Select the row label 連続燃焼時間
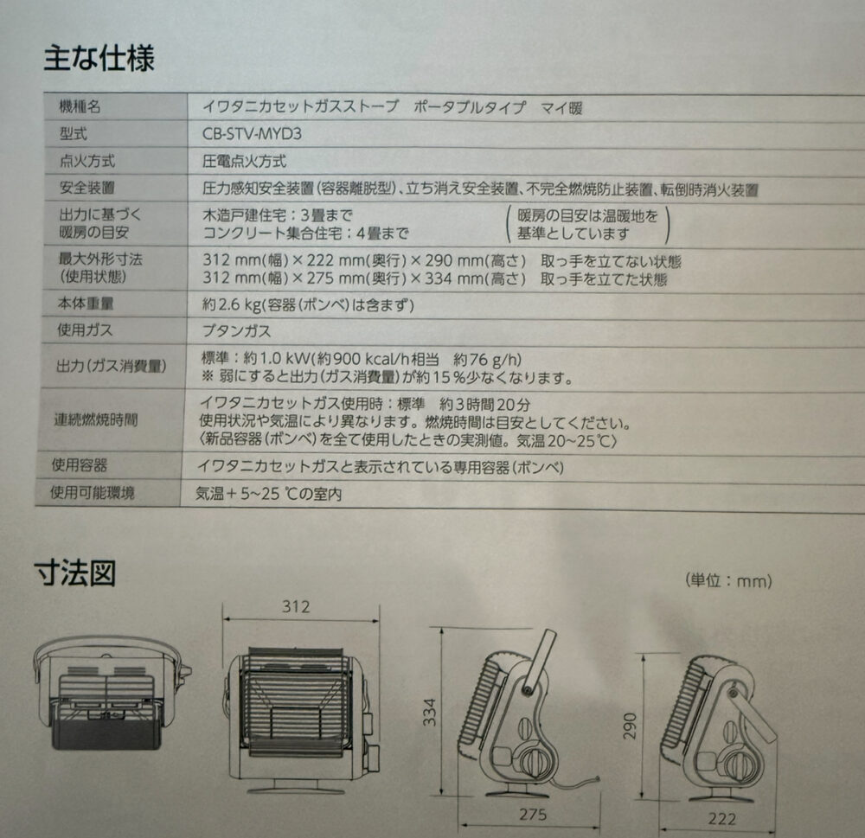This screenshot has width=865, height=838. (x=94, y=419)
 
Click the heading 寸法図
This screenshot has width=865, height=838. (x=76, y=573)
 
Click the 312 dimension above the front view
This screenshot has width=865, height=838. (x=296, y=606)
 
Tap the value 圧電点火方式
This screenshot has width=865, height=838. (x=243, y=162)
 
